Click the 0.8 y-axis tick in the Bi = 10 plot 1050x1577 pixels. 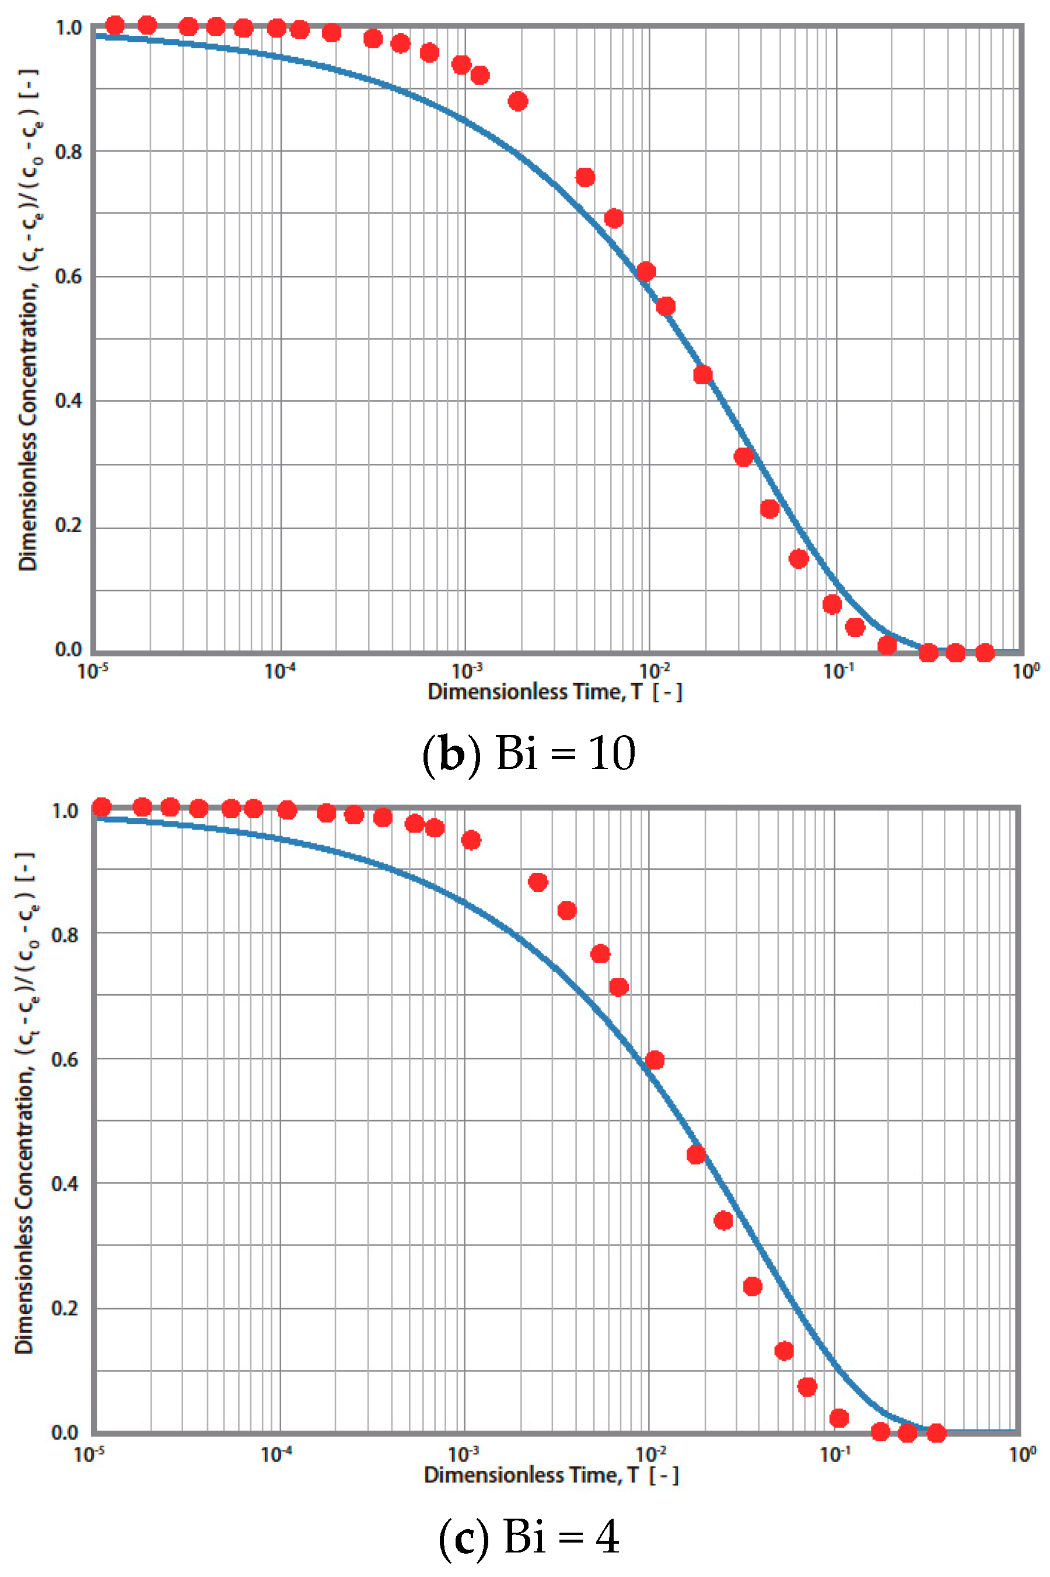pyautogui.click(x=68, y=152)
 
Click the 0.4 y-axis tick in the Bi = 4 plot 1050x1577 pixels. pyautogui.click(x=65, y=1183)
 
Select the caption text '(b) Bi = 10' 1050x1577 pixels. pyautogui.click(x=528, y=753)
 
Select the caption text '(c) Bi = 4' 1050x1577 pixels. pyautogui.click(x=528, y=1537)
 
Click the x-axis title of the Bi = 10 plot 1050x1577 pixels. pyautogui.click(x=555, y=692)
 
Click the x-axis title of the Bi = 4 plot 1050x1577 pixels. pyautogui.click(x=551, y=1475)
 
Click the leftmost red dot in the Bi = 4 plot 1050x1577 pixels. pyautogui.click(x=101, y=807)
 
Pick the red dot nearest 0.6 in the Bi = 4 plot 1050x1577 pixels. pyautogui.click(x=654, y=1060)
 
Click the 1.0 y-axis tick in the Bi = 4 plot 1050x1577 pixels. pyautogui.click(x=65, y=811)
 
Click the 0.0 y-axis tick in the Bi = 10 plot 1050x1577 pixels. pyautogui.click(x=68, y=649)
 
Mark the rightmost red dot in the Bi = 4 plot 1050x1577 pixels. pyautogui.click(x=936, y=1433)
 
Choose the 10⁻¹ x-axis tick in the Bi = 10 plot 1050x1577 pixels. pyautogui.click(x=838, y=670)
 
